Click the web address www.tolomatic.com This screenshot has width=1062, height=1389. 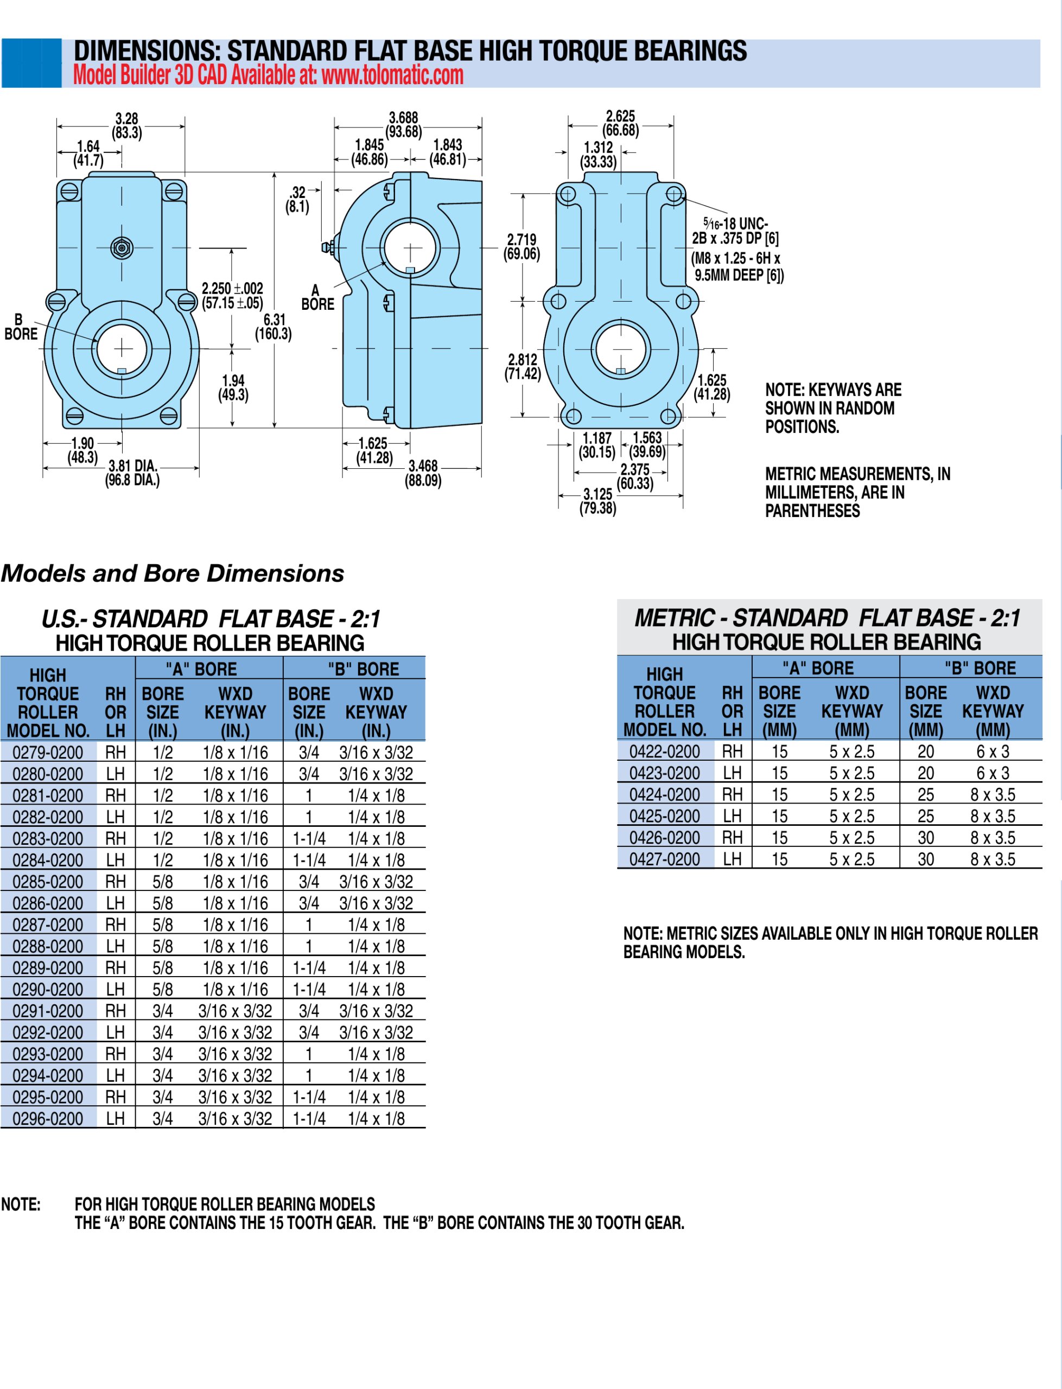pos(392,75)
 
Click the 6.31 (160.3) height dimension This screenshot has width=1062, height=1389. pos(274,327)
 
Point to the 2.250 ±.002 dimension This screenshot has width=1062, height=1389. pos(232,295)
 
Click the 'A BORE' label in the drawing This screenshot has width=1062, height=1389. pos(317,298)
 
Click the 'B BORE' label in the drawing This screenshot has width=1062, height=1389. pos(20,327)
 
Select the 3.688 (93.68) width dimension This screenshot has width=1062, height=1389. pos(403,124)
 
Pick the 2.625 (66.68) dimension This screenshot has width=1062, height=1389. pos(620,123)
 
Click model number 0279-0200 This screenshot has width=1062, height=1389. pos(48,752)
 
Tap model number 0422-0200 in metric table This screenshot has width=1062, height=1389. pos(664,751)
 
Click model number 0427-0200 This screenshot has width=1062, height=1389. pos(664,859)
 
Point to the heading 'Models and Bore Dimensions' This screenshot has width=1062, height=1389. pos(173,573)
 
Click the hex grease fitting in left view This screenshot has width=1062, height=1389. pos(122,248)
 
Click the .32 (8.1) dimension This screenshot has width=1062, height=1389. pos(297,199)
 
